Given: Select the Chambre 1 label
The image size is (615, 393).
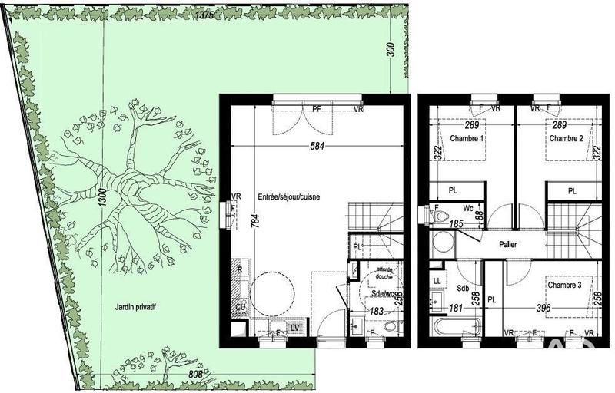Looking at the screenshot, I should click(467, 138).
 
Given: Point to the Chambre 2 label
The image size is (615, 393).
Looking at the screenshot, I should click(567, 138).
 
